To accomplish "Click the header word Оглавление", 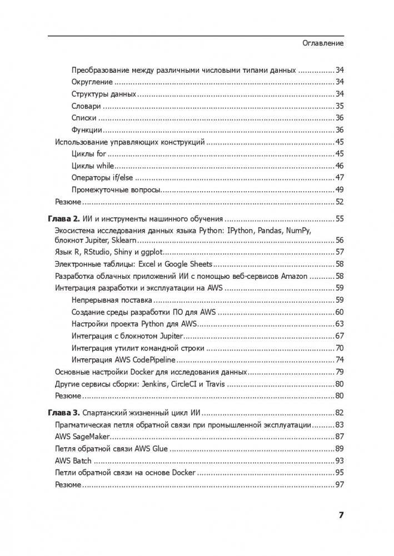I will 323,43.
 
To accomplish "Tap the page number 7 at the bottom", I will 341,515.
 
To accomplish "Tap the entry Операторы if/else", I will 103,178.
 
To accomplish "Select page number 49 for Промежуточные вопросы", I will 340,190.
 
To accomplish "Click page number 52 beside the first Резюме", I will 340,202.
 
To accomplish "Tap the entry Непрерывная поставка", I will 107,300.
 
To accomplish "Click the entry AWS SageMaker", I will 82,437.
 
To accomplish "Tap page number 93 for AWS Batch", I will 340,461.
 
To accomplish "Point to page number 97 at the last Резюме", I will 340,485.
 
